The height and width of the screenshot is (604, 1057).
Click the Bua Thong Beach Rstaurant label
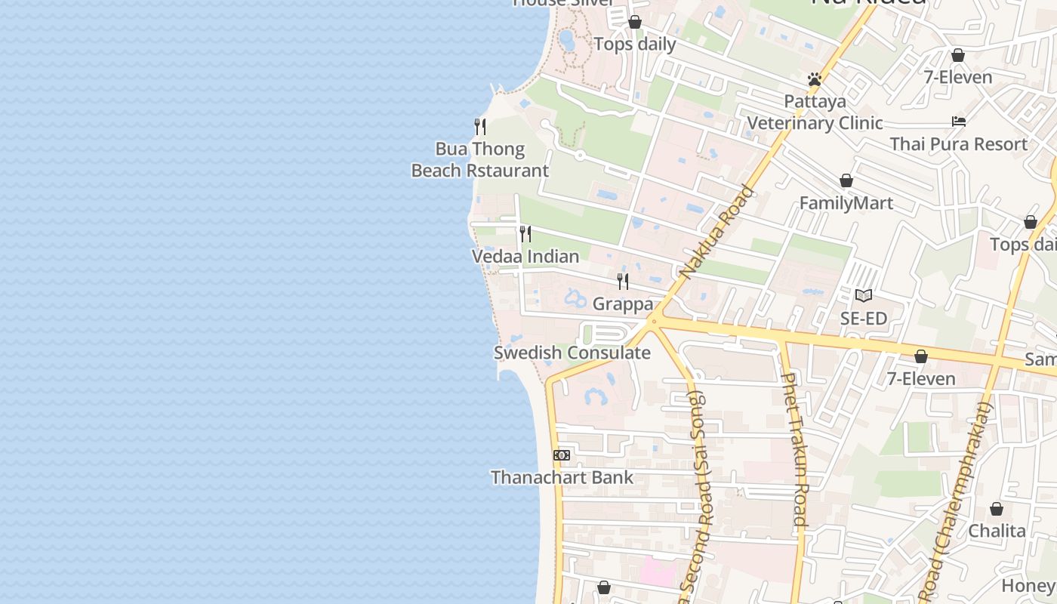[480, 160]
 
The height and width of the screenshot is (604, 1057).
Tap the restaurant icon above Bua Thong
[479, 126]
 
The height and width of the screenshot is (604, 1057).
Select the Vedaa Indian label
[525, 257]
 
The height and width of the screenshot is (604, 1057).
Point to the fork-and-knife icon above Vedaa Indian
[525, 233]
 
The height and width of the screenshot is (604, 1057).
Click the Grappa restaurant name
[623, 304]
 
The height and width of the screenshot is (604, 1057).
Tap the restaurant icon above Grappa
[623, 282]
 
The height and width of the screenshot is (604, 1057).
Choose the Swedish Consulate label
[572, 353]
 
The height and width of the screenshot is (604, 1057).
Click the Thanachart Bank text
[562, 477]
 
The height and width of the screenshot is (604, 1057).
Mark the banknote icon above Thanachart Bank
[562, 455]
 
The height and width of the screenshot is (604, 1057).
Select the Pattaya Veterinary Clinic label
[815, 112]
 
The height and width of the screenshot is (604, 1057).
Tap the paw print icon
[814, 79]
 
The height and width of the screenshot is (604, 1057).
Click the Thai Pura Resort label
[958, 143]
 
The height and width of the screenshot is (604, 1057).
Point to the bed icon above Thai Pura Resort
[958, 121]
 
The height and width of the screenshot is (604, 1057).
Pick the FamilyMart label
[846, 203]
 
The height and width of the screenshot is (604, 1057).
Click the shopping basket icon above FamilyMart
[846, 180]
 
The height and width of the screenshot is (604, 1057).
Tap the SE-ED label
[864, 319]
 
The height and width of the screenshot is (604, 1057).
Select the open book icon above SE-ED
[864, 295]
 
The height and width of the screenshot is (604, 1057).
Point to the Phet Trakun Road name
[794, 449]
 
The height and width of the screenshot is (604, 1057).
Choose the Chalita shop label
[997, 531]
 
